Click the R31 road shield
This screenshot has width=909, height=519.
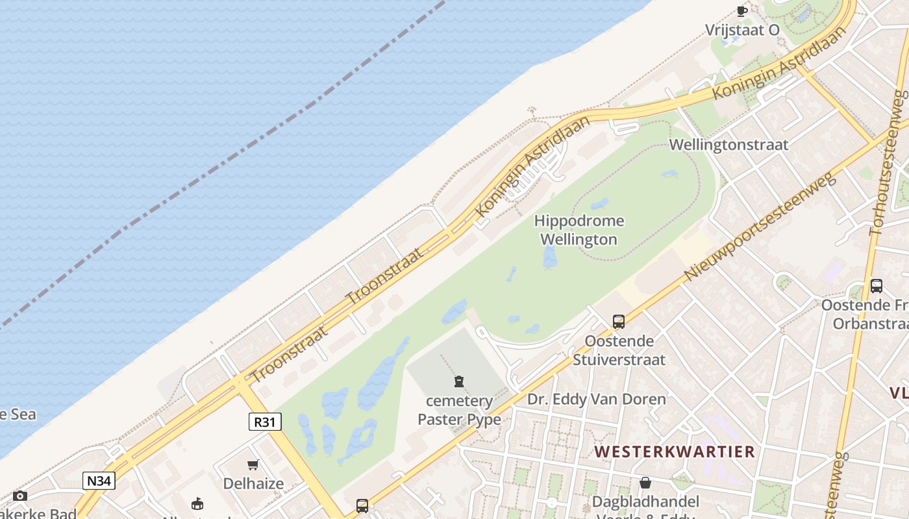tap(265, 422)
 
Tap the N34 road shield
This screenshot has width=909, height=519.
tap(99, 481)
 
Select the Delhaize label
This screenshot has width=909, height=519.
tap(253, 483)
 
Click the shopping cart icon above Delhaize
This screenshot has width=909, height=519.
tap(253, 465)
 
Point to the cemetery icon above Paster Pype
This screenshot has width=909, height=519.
tap(459, 381)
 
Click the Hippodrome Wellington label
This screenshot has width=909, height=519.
tap(579, 230)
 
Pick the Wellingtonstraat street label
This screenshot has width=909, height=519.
tap(728, 145)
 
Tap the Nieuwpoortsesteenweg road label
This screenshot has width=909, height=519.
tap(760, 227)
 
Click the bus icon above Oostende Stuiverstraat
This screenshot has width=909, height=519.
tap(619, 321)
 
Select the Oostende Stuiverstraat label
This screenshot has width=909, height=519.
tap(619, 350)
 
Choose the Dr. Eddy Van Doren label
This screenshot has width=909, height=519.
tap(596, 399)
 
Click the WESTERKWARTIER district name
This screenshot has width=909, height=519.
tap(675, 452)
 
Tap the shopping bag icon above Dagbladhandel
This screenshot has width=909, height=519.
tap(645, 483)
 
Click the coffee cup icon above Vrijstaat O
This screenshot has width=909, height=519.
tap(741, 11)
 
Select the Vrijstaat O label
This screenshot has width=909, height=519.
tap(742, 30)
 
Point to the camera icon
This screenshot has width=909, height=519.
tap(20, 496)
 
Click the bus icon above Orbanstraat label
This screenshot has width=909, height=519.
tap(876, 285)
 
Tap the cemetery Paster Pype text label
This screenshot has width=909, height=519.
tap(459, 410)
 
